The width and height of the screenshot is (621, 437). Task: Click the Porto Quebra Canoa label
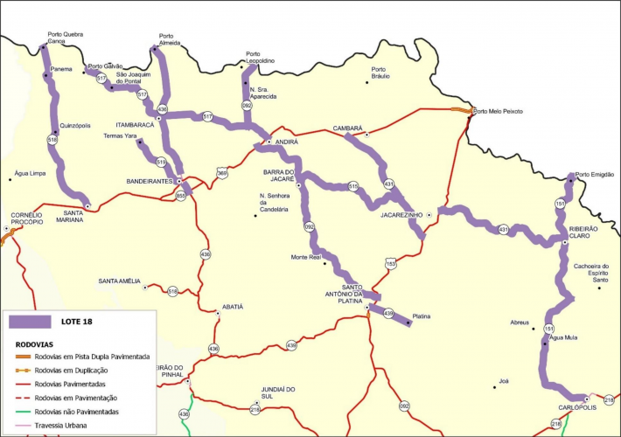[x=66, y=38]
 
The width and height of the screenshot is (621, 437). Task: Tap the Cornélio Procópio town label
[x=26, y=218]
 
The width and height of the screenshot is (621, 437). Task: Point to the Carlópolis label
[x=577, y=408]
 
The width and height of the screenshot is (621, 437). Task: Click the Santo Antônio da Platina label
[x=364, y=294]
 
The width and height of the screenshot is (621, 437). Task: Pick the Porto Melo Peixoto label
[x=498, y=111]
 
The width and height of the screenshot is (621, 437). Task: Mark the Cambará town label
[x=347, y=128]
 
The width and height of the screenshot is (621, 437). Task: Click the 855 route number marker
[x=181, y=196]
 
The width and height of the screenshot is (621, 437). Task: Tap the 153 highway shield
[x=390, y=262]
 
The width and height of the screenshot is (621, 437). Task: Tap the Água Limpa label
[x=31, y=173]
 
